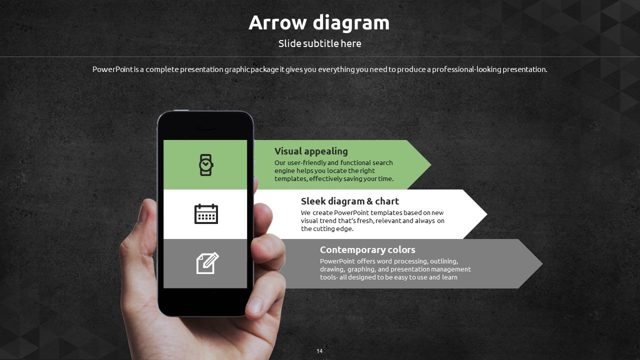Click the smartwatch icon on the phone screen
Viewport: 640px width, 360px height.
click(x=206, y=165)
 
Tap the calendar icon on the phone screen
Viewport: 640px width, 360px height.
click(x=206, y=213)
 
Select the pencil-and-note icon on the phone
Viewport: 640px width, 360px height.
click(x=207, y=263)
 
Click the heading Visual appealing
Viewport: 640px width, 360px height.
click(x=311, y=151)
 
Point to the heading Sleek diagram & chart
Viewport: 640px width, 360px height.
click(x=349, y=201)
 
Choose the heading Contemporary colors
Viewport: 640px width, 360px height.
click(x=367, y=249)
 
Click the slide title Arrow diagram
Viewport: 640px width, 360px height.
click(x=319, y=22)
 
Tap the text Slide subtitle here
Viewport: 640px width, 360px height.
click(x=319, y=43)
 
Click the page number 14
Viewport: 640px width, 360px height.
click(x=319, y=351)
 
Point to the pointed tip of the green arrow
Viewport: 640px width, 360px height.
click(x=431, y=164)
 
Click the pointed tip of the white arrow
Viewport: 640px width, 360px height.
click(x=487, y=214)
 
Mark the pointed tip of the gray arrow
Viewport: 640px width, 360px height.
click(x=542, y=263)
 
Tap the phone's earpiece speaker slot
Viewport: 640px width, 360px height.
click(x=205, y=128)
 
